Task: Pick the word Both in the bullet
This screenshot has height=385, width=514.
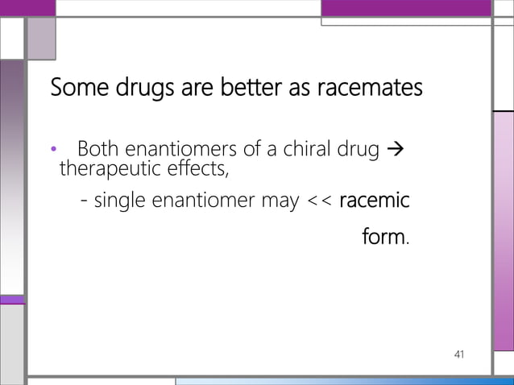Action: tap(97, 149)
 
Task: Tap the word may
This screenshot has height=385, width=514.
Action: tap(281, 201)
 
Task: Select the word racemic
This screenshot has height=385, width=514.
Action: tap(375, 200)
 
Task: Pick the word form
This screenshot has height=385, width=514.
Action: tap(385, 238)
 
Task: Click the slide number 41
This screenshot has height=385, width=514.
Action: tap(460, 354)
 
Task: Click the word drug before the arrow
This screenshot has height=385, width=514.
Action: tap(358, 150)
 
